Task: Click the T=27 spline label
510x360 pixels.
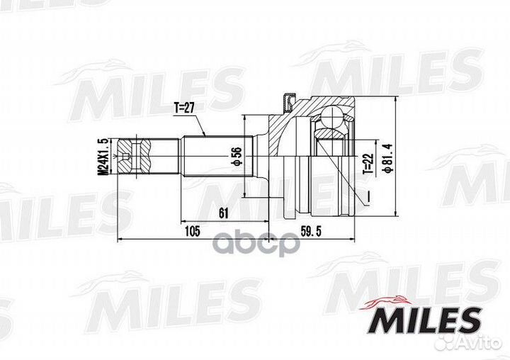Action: pos(184,108)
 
